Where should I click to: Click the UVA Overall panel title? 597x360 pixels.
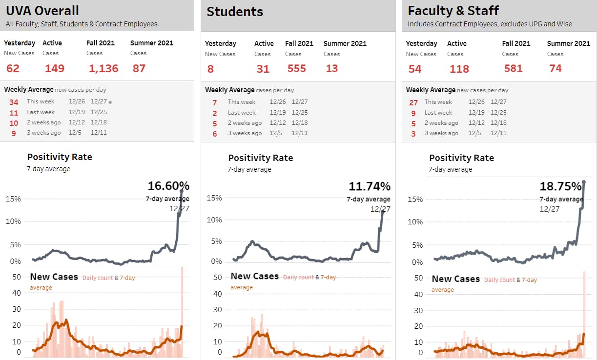42,11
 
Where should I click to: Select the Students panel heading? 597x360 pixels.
235,12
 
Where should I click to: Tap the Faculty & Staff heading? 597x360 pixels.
453,11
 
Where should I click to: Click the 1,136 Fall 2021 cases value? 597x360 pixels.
103,68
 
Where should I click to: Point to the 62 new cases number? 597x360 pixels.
13,68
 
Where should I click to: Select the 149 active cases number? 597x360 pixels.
55,68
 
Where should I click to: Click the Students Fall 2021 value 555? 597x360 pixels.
297,68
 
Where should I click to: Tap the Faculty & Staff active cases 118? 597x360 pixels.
459,69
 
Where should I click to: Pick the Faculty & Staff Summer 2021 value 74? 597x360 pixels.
556,68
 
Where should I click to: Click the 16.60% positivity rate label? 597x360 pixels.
168,186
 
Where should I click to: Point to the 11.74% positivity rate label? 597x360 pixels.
370,186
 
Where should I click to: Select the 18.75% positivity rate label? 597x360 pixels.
560,186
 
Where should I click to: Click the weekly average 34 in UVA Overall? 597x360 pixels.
14,102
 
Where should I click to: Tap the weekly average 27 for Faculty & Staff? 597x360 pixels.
413,102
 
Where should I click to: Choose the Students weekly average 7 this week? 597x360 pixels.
214,102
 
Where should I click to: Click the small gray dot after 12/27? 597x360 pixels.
110,102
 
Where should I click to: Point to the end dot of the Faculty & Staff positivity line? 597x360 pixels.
584,182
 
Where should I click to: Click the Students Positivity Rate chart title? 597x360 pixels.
261,158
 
